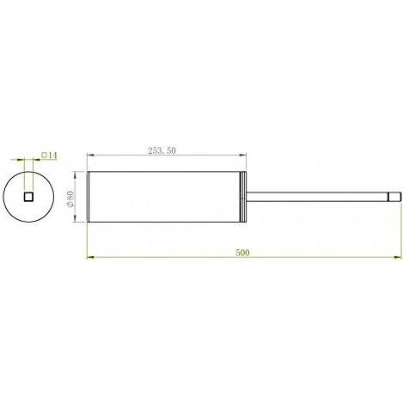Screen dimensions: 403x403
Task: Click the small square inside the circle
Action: point(28,197)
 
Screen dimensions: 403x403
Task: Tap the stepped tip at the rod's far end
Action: point(394,197)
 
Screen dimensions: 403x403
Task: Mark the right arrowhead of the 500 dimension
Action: point(396,255)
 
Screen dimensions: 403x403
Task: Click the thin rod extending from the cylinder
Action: point(318,197)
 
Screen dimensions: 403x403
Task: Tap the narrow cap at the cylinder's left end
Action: point(89,197)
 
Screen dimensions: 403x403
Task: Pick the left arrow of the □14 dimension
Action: point(21,160)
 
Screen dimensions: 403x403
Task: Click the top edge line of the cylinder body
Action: point(163,172)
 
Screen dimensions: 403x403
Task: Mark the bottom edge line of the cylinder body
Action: point(163,223)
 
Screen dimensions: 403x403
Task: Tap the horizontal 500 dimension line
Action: point(172,255)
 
